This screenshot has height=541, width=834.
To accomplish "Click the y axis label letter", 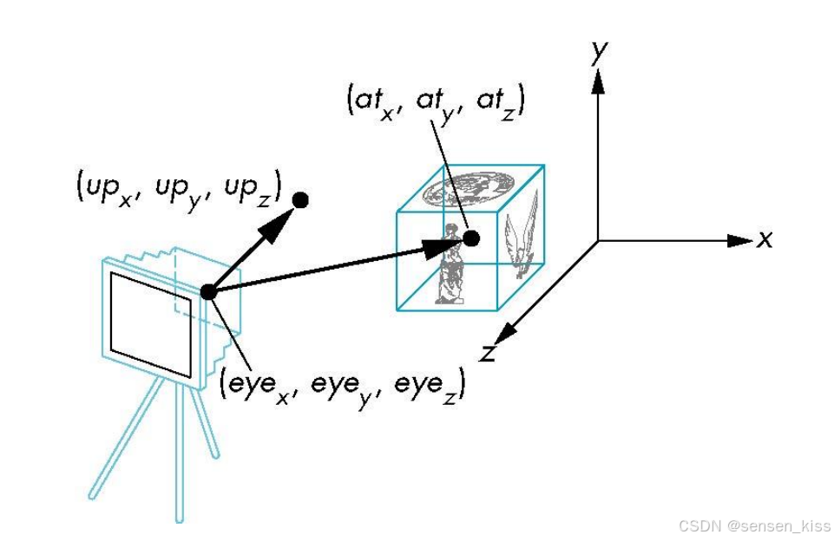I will (x=597, y=52).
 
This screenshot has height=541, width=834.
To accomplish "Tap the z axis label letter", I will (x=488, y=352).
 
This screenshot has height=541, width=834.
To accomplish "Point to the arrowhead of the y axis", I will (x=597, y=80).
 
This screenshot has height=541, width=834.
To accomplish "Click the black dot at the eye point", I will (x=208, y=292).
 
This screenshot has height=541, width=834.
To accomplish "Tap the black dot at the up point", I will (x=301, y=200).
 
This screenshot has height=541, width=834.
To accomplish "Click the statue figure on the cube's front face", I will (x=449, y=264).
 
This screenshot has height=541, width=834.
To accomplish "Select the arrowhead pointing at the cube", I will (x=439, y=247).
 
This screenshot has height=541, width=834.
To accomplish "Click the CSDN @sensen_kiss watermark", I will (x=753, y=526).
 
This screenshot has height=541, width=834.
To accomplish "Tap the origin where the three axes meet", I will (x=597, y=240).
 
